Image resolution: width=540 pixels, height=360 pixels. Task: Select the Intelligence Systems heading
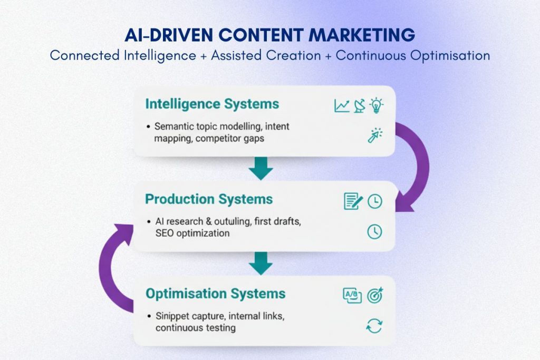coord(212,104)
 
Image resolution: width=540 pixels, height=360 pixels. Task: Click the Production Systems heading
coord(209,199)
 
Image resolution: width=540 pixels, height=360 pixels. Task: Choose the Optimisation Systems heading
coord(215,294)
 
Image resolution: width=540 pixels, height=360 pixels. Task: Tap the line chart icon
coord(342,105)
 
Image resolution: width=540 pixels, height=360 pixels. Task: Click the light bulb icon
coord(376,105)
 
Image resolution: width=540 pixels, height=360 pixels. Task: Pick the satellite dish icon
coord(359,105)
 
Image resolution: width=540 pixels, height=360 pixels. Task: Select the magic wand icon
coord(375,135)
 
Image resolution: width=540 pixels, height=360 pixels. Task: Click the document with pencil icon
coord(353,200)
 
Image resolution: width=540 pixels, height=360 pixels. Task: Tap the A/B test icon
coord(352,296)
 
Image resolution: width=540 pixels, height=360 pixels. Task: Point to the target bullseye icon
coord(375,295)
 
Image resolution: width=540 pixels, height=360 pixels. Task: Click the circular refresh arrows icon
coord(374,326)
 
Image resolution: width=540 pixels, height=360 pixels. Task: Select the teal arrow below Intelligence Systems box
coord(261,168)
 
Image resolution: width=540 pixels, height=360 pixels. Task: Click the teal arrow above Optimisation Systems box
coord(261,262)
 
